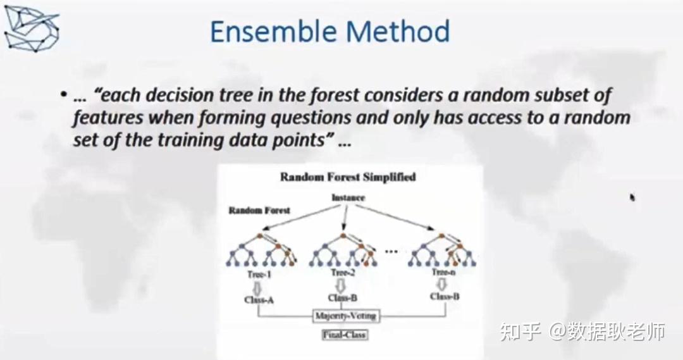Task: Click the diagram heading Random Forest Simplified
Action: coord(348,177)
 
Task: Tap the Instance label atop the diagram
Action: coord(348,197)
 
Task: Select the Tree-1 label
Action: coord(259,273)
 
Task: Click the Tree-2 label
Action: coord(342,273)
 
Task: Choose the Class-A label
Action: coord(259,299)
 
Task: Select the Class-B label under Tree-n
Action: coord(445,296)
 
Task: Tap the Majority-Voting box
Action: coord(345,315)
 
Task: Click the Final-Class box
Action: coord(345,334)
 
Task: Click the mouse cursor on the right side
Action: coord(632,198)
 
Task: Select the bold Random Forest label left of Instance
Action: coord(259,210)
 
